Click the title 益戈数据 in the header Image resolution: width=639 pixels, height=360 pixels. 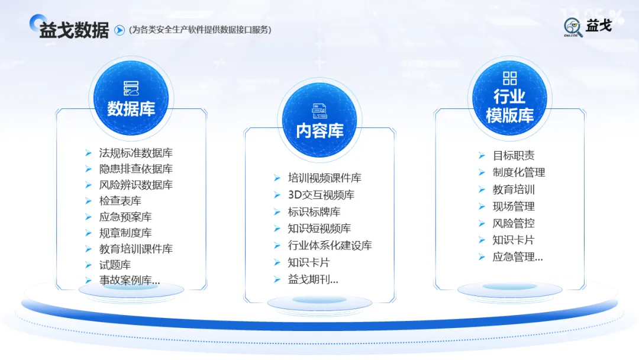[74, 30]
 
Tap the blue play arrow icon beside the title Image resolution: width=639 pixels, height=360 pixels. [119, 30]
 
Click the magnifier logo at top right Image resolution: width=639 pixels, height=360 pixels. [573, 27]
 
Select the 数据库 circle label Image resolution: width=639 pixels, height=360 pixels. [131, 108]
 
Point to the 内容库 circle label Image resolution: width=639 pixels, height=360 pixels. [319, 130]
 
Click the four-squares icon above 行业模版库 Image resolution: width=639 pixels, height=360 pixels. [509, 78]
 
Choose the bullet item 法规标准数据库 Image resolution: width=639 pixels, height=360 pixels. [135, 153]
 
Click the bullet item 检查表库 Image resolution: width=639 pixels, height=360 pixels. [120, 201]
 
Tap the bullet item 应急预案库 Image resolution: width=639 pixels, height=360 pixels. [125, 217]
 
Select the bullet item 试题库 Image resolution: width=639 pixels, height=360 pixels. [115, 265]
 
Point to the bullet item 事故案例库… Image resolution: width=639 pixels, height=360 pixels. [129, 281]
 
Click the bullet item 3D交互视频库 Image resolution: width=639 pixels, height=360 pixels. [321, 195]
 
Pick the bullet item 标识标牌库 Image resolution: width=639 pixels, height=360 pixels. [314, 211]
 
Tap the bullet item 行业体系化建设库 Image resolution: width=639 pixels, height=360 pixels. [330, 245]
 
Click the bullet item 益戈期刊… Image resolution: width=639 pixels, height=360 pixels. [313, 279]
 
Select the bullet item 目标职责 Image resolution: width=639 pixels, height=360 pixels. [513, 156]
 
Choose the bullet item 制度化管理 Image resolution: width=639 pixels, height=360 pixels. [518, 172]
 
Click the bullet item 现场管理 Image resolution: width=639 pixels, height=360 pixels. [513, 207]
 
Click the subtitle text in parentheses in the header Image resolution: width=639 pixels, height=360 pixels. [200, 30]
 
